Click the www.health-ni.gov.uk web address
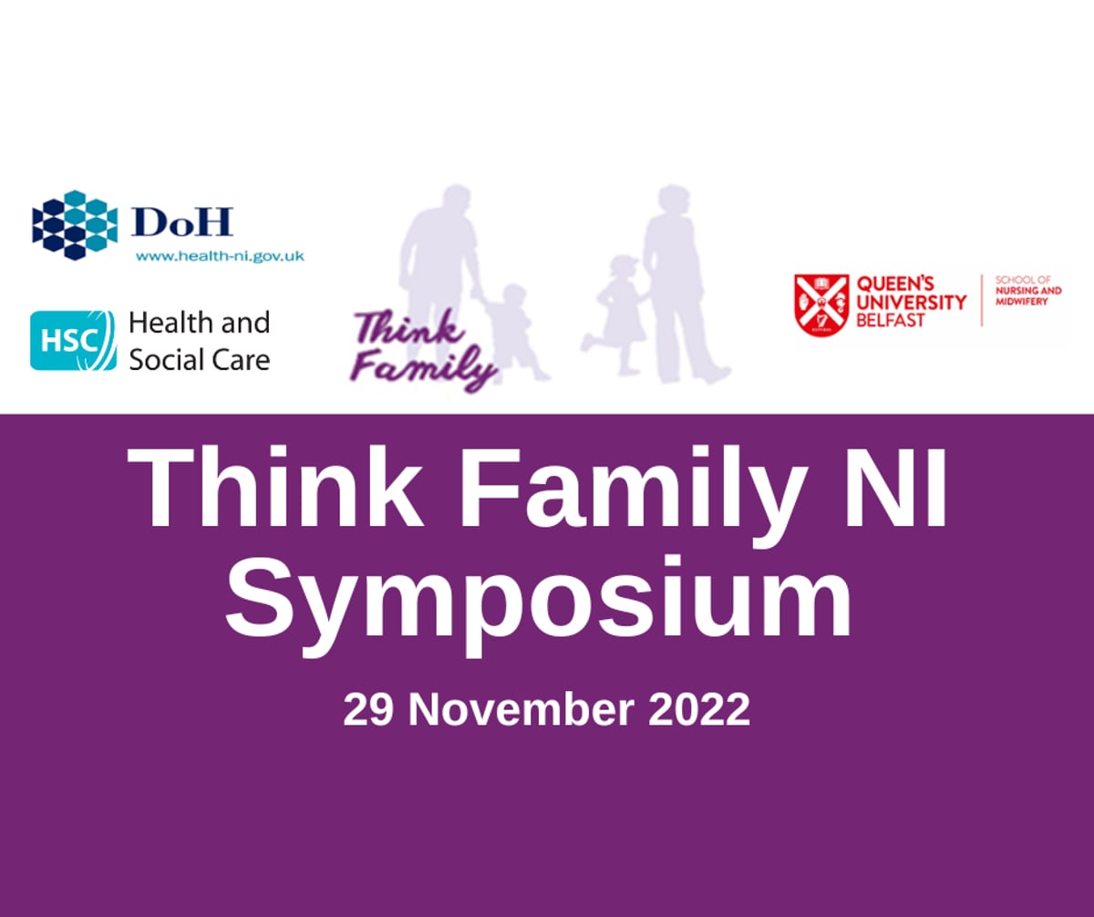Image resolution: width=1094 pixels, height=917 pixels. click(220, 257)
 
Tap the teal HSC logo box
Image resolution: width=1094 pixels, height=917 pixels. click(73, 340)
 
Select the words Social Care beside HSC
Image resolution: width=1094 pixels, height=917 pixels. click(199, 359)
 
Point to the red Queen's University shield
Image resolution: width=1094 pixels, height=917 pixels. click(821, 305)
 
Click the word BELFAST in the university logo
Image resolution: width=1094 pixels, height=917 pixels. click(890, 321)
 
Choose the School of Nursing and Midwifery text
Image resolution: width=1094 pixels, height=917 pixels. click(1028, 291)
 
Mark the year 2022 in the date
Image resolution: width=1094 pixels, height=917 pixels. click(698, 710)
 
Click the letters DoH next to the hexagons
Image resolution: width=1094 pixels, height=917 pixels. click(181, 222)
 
